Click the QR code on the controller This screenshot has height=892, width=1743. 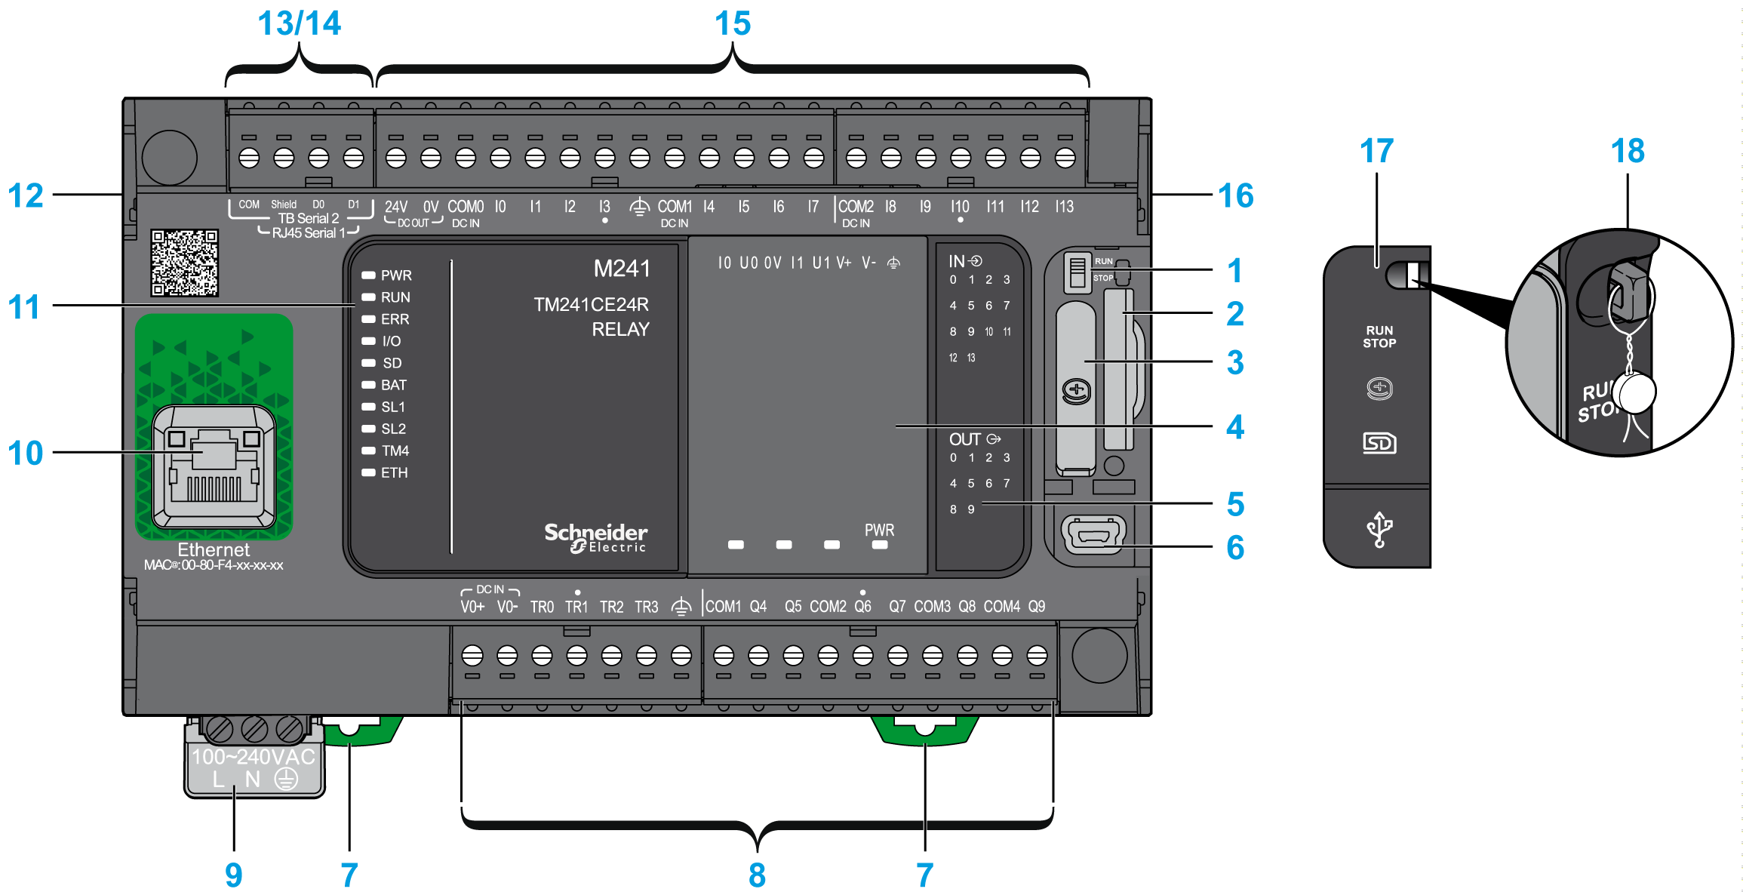coord(184,263)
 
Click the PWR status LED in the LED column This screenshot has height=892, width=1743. coord(369,275)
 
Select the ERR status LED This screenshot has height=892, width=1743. coord(369,319)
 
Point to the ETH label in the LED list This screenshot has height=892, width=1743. coord(394,473)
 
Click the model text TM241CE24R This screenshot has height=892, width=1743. coord(591,305)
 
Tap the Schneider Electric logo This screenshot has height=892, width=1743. coord(595,537)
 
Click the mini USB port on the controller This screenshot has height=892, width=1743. coord(1093,534)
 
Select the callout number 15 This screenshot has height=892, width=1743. coord(733,24)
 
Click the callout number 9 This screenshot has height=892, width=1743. coord(234,875)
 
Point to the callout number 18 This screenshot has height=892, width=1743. coord(1628,152)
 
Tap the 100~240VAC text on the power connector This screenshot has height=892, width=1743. coord(253,757)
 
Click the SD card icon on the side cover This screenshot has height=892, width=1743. coord(1379,443)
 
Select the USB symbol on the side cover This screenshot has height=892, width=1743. coord(1379,529)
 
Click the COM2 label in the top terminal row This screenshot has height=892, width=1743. coord(856,207)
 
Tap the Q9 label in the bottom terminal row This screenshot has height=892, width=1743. coord(1037,607)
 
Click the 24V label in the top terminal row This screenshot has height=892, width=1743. coord(396,207)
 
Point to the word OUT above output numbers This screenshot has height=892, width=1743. coord(964,439)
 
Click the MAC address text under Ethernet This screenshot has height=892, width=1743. coord(214,565)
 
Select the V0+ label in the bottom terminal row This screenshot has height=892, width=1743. coord(472,607)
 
